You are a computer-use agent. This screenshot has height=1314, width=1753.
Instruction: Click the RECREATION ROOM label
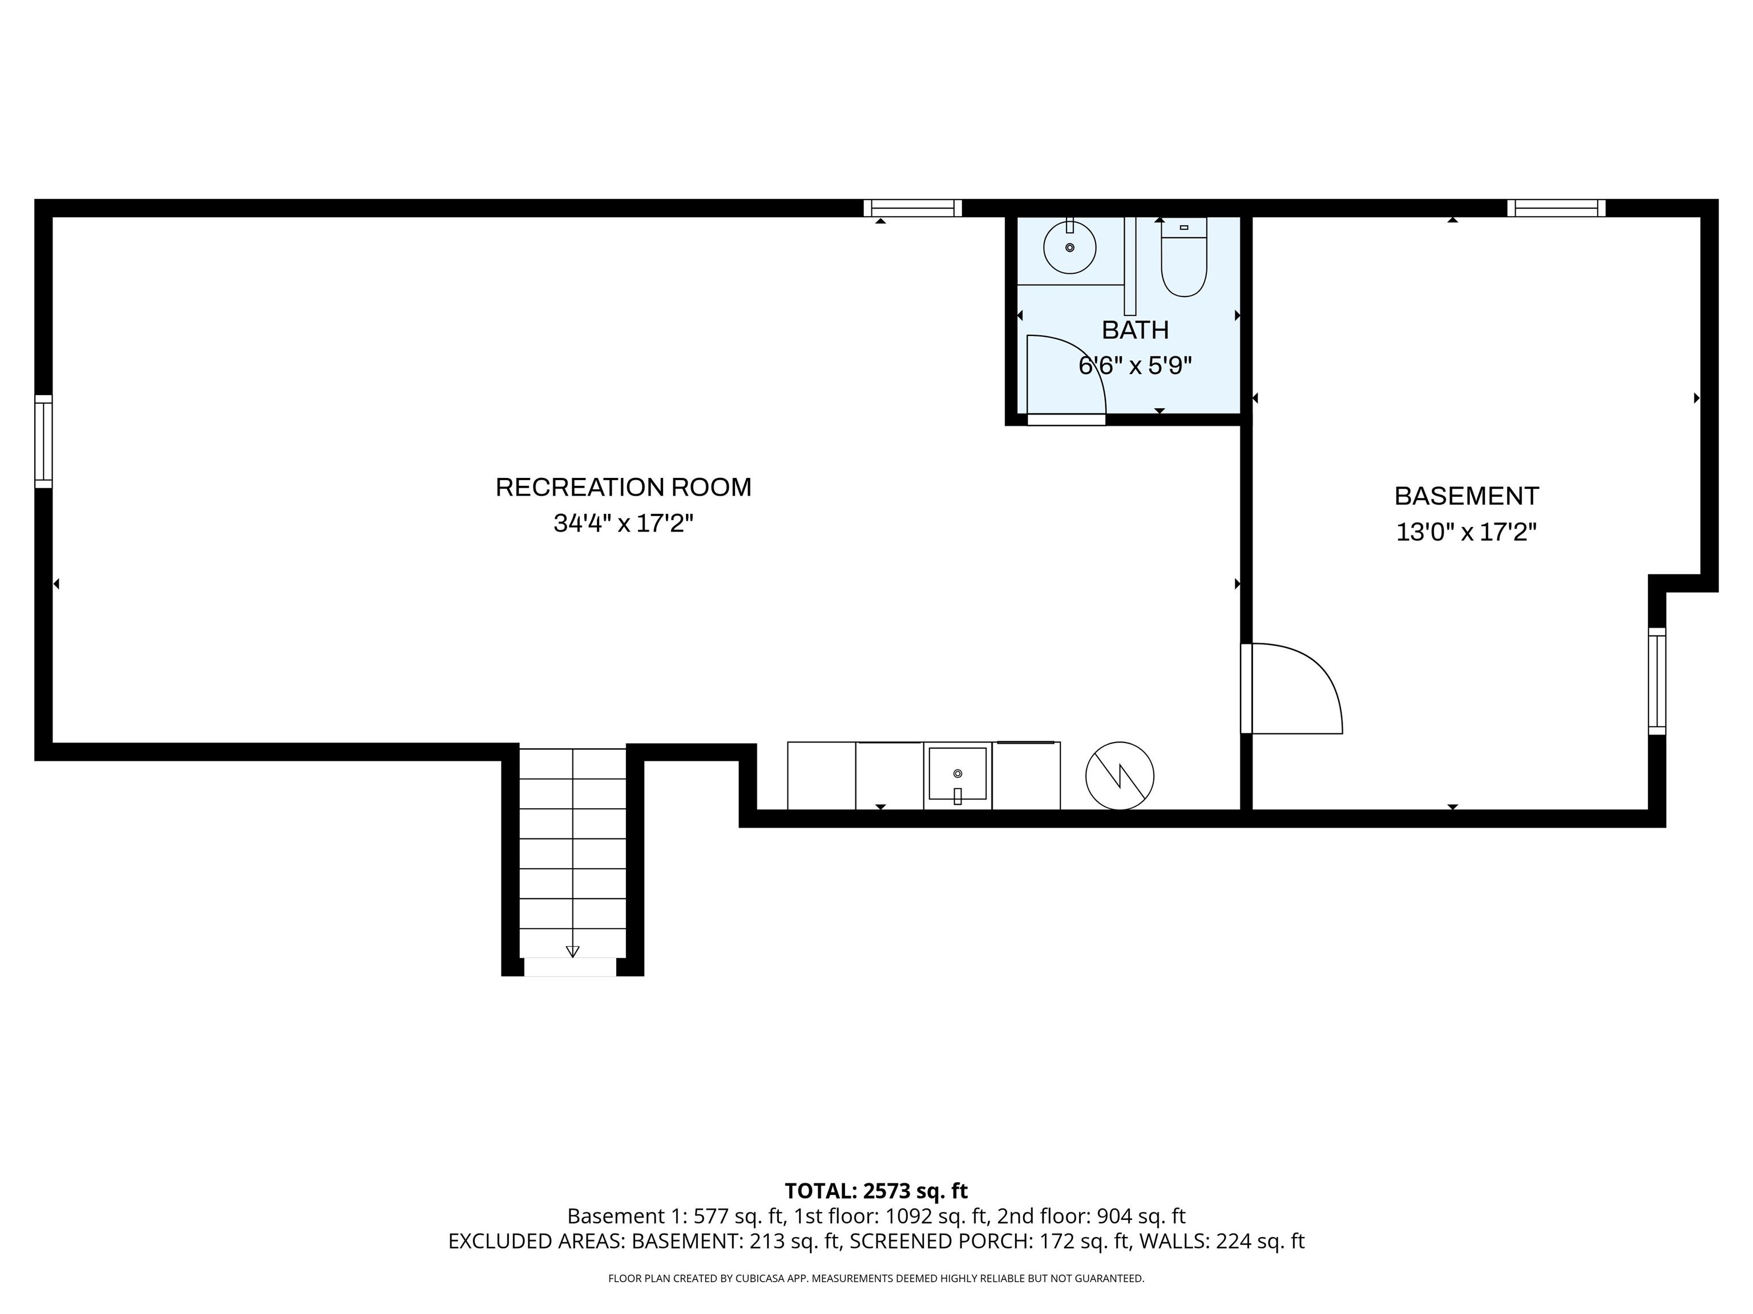pos(623,487)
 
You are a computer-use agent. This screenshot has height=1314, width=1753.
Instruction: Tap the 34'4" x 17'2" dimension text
pos(623,524)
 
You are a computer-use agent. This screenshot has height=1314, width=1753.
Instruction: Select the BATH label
pos(1135,330)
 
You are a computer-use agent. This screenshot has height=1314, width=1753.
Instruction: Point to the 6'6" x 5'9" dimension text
pos(1135,366)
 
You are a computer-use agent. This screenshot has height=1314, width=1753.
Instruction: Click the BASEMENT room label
pos(1466,496)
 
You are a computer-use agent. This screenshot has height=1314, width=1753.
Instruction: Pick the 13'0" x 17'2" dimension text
pos(1466,532)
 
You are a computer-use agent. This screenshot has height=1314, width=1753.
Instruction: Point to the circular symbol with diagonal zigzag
pos(1119,776)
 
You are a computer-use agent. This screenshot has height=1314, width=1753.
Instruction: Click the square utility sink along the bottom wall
pos(958,774)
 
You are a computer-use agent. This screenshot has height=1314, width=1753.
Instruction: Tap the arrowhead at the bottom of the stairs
pos(572,951)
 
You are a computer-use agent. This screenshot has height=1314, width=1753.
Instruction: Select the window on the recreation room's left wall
pos(43,441)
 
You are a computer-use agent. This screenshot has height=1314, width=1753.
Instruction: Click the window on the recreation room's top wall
pos(912,208)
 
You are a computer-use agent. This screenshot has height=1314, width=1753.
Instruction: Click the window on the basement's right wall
pos(1657,681)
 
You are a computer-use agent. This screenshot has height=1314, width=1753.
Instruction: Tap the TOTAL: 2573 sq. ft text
pos(876,1191)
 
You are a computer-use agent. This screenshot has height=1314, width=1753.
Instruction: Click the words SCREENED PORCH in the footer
pos(940,1241)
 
